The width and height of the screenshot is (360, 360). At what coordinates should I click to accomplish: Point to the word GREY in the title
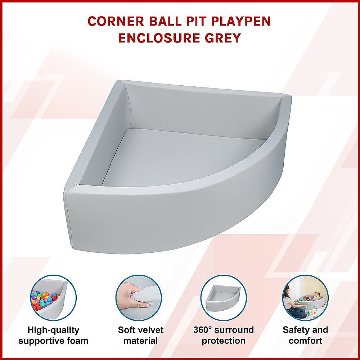(x=223, y=37)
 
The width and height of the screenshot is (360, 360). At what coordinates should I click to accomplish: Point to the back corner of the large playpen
(x=124, y=86)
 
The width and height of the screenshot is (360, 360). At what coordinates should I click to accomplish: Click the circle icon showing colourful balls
(x=53, y=298)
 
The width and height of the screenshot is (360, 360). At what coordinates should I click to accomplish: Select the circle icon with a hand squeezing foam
(x=138, y=298)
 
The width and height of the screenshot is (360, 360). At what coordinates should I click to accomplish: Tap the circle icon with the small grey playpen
(x=223, y=298)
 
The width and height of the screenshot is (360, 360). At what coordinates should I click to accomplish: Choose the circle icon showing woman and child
(x=305, y=298)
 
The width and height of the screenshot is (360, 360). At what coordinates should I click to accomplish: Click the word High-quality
(x=53, y=330)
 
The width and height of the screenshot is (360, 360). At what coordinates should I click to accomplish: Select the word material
(x=140, y=341)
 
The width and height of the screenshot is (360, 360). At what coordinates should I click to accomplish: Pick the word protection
(x=223, y=341)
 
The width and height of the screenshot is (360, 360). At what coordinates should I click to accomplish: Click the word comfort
(x=305, y=341)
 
